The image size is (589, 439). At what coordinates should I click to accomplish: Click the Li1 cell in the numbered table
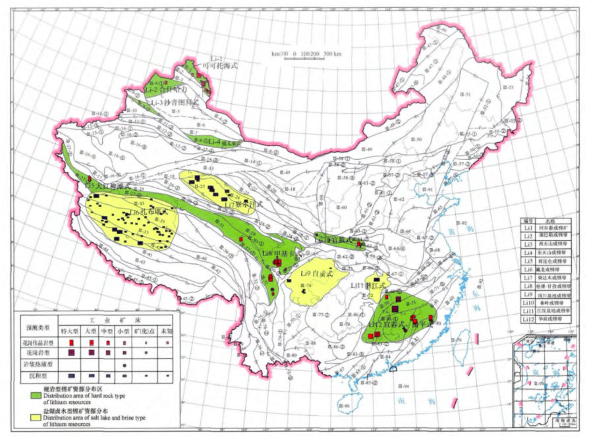(x=527, y=228)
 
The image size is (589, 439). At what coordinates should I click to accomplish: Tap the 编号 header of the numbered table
(x=527, y=220)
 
